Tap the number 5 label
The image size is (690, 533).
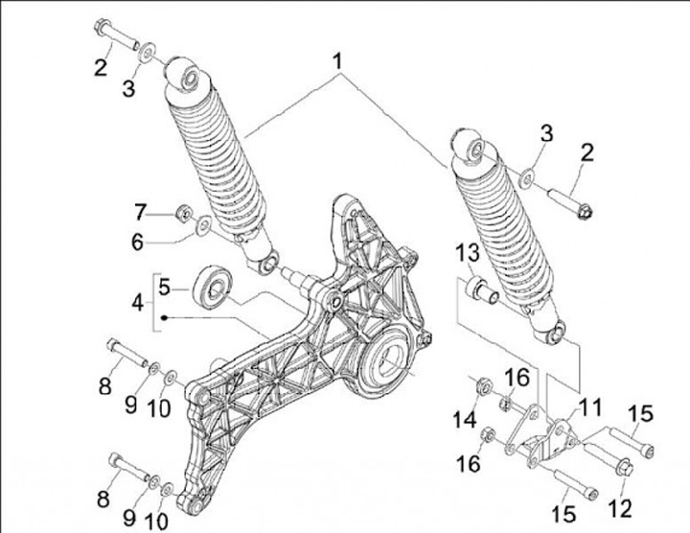164,286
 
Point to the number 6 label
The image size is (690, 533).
139,243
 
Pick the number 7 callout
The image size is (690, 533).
139,210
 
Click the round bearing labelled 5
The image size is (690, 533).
210,286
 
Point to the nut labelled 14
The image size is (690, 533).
483,386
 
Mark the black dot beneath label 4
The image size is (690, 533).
165,317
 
